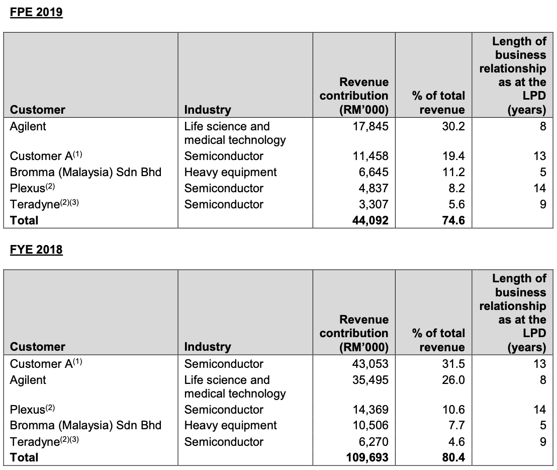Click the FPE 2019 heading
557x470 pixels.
click(36, 12)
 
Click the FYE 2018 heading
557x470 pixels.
click(36, 250)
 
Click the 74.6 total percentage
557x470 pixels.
click(453, 220)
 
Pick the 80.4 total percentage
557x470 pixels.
click(453, 457)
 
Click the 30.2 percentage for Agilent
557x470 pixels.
click(453, 126)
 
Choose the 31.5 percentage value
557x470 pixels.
click(453, 364)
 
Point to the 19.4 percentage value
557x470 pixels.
click(453, 156)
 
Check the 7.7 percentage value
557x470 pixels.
click(456, 426)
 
